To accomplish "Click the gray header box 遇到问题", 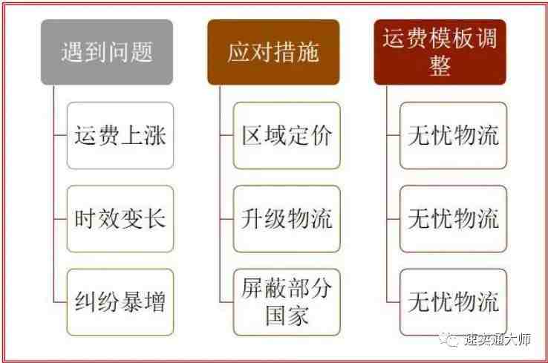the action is pos(107,52).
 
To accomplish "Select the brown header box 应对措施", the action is pos(273,52).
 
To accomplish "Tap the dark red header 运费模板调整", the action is pos(440,52).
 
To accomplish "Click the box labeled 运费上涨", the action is pos(120,136).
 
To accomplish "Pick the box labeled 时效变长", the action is pos(120,219).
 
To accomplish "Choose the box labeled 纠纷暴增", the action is pos(120,302).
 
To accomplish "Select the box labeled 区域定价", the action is pos(287,136).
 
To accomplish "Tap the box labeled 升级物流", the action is pos(287,219).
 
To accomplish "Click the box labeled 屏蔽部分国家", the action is pos(287,302).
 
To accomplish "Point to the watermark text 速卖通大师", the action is pos(498,339).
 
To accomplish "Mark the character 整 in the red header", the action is pos(440,65).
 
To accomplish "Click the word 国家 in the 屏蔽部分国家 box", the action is pos(287,315).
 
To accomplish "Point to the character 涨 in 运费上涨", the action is pos(154,136).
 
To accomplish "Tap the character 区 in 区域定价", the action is pos(252,136).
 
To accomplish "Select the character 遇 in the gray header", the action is pos(72,52).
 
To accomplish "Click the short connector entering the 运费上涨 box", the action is pos(60,135).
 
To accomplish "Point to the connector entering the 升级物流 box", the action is pos(226,219).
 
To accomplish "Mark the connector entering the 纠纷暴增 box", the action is pos(60,302).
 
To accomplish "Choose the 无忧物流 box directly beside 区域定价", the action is pos(453,136).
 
